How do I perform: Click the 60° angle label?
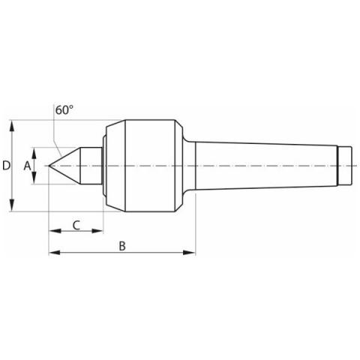pyautogui.click(x=64, y=110)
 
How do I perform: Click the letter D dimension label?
pyautogui.click(x=6, y=166)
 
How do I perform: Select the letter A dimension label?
pyautogui.click(x=27, y=166)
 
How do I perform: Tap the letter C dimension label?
pyautogui.click(x=76, y=225)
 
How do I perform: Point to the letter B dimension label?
pyautogui.click(x=122, y=246)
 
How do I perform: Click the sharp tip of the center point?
pyautogui.click(x=49, y=166)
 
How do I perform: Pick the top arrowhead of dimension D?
pyautogui.click(x=12, y=126)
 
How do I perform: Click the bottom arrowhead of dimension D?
pyautogui.click(x=12, y=205)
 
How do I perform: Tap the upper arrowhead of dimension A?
pyautogui.click(x=34, y=153)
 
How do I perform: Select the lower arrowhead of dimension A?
pyautogui.click(x=34, y=178)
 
